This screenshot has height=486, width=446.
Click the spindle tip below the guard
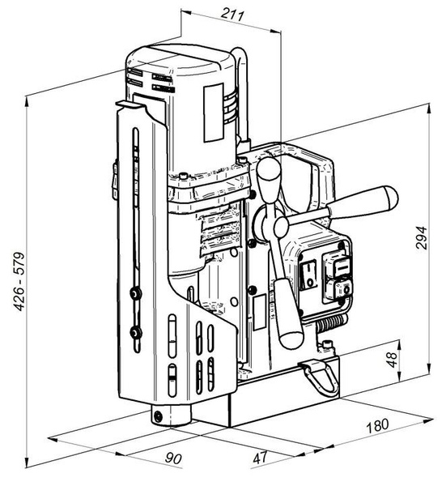159,416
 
